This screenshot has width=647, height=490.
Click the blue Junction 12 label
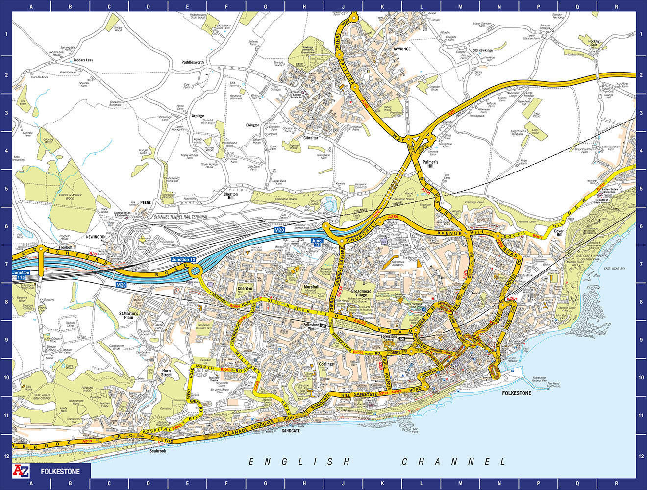tap(183, 259)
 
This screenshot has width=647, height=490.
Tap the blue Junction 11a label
tap(21, 275)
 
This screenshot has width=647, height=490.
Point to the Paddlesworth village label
tap(193, 63)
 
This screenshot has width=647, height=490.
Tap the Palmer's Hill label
tap(430, 164)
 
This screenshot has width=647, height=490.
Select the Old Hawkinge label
tap(482, 50)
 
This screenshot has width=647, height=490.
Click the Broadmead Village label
tap(362, 293)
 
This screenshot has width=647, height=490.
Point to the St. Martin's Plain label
tap(129, 315)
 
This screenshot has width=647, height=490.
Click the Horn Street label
tap(167, 373)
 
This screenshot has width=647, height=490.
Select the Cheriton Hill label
tap(231, 196)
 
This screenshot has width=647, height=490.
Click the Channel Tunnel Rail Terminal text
tap(180, 217)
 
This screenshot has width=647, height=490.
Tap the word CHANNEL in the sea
tap(453, 462)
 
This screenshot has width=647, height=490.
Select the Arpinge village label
tap(198, 116)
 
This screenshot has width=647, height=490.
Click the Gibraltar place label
tap(311, 138)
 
